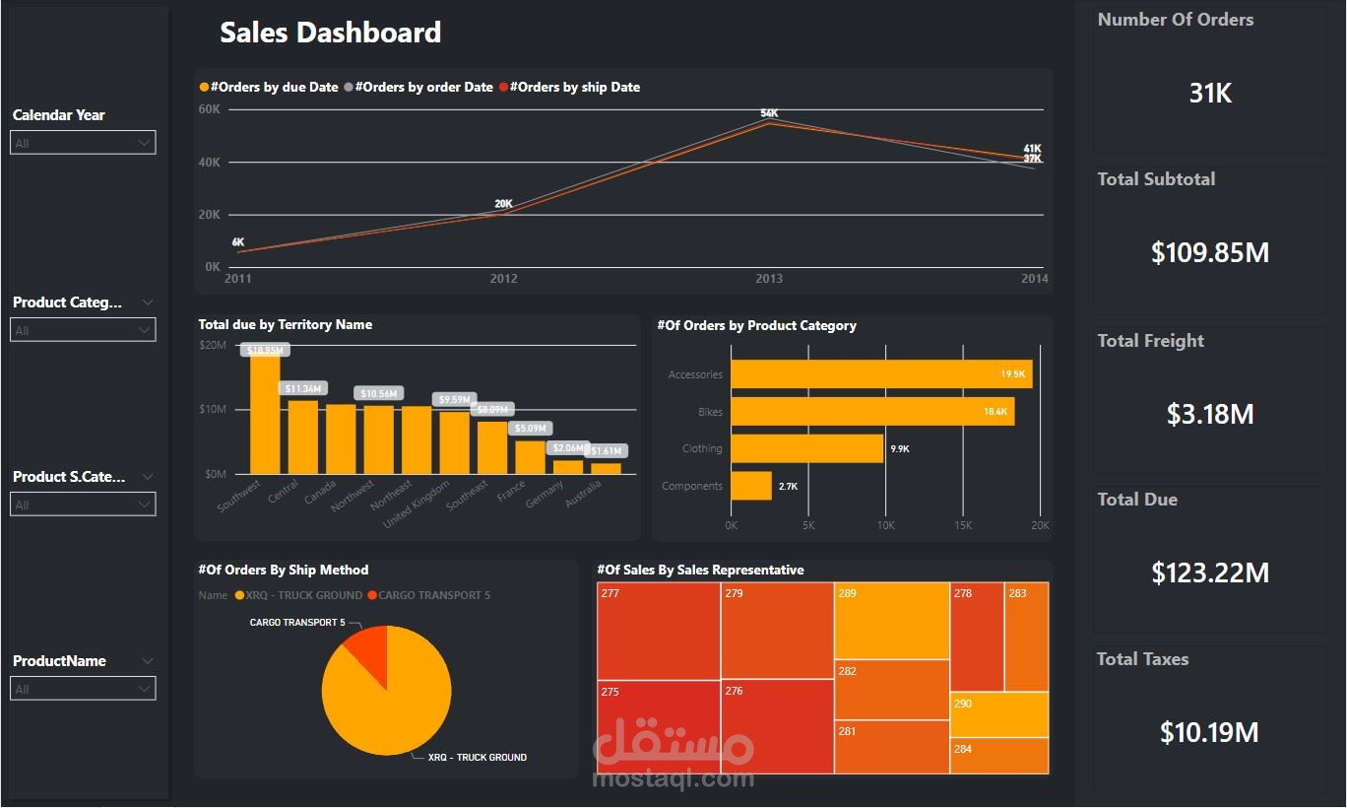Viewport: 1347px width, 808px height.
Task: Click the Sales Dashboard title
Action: (330, 33)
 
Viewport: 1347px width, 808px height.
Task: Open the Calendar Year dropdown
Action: (83, 143)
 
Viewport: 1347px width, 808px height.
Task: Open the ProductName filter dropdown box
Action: (83, 689)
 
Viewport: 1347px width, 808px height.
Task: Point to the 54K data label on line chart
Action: (769, 113)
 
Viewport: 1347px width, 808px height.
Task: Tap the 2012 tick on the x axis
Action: (503, 279)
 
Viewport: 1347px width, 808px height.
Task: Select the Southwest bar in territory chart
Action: (265, 414)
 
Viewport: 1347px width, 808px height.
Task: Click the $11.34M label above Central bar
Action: (303, 388)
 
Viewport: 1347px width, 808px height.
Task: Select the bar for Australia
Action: (607, 468)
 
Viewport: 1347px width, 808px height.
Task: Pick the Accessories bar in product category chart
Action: (880, 374)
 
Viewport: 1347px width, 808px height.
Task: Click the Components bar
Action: (751, 486)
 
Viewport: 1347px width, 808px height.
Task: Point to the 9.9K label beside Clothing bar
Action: (899, 449)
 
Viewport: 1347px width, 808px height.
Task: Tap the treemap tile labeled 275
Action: (658, 726)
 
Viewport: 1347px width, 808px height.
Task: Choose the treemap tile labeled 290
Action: (998, 714)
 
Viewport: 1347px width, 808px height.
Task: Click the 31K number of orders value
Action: (1210, 94)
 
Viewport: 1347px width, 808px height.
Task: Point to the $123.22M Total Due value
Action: (1210, 572)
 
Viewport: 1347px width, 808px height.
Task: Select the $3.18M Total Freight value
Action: (1210, 414)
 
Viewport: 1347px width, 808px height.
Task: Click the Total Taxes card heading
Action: (1142, 659)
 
